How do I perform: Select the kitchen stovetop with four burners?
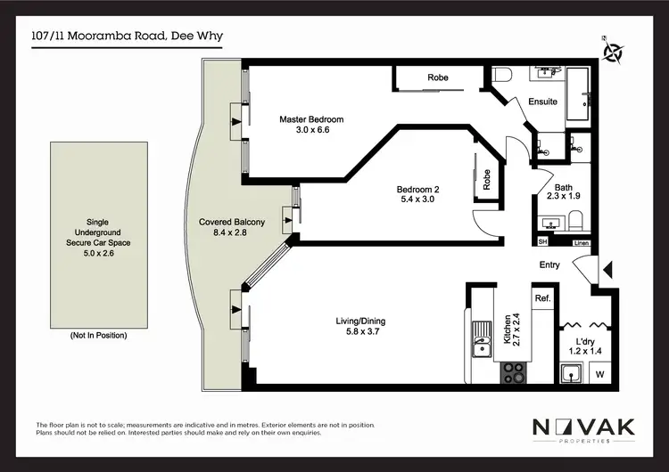(512, 370)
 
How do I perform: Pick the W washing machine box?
(599, 375)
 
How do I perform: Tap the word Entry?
(549, 265)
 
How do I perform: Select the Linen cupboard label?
(582, 242)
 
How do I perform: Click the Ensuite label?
(542, 102)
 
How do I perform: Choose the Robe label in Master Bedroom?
(437, 78)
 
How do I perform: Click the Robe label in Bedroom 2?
(487, 181)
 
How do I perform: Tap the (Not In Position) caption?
(98, 335)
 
